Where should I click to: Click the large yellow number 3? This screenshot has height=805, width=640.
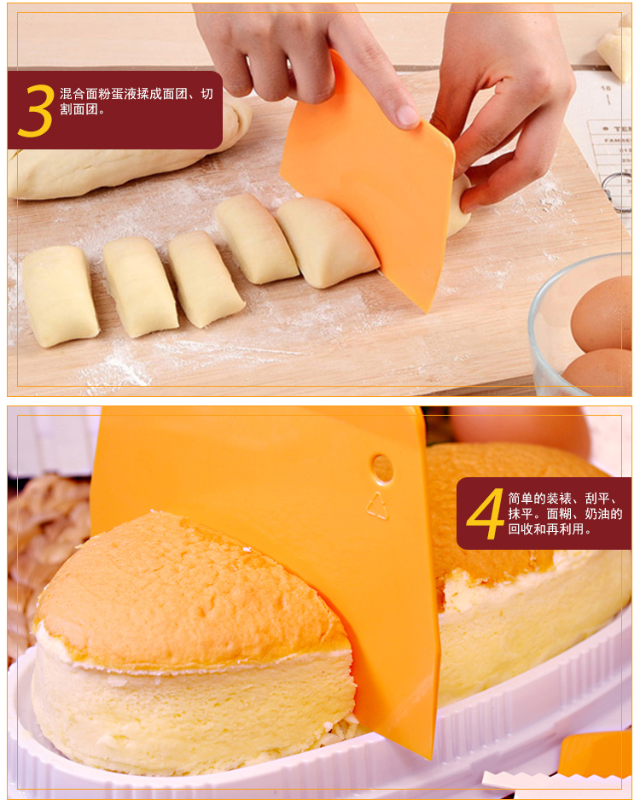(36, 110)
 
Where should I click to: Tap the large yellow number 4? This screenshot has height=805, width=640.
(486, 514)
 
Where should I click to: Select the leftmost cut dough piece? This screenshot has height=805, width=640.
(60, 295)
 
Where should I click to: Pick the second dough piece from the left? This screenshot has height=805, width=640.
(140, 287)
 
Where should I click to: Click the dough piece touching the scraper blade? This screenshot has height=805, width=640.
(327, 242)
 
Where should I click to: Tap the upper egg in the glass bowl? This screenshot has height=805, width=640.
(602, 313)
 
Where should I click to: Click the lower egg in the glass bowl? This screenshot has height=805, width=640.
(598, 372)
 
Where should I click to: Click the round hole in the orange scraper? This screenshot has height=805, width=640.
(382, 468)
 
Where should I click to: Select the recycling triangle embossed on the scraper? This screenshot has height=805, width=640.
(378, 506)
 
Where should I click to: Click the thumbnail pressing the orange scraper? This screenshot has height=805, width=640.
(407, 116)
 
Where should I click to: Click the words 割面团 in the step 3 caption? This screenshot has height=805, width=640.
(79, 109)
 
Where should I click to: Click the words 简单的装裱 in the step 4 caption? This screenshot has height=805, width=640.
(540, 499)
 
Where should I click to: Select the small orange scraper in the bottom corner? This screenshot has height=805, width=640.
(596, 755)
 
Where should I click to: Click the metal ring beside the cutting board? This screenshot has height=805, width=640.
(618, 191)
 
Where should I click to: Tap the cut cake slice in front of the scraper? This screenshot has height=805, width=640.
(195, 642)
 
